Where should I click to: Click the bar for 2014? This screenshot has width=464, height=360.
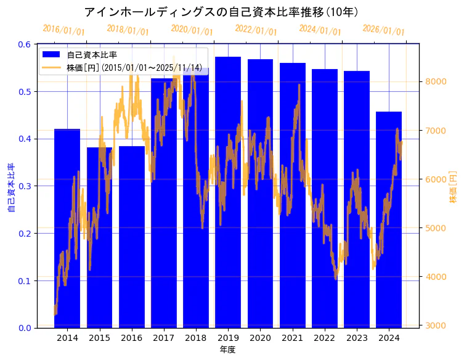(67, 228)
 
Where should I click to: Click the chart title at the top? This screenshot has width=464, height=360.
(221, 12)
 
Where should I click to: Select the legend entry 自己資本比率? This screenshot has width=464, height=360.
(92, 55)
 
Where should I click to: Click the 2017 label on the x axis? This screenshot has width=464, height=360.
(163, 338)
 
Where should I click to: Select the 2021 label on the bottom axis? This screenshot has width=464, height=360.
(292, 338)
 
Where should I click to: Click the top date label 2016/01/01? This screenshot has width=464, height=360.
(64, 30)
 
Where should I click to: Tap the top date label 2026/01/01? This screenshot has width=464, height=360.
(383, 30)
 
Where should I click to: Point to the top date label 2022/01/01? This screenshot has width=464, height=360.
(256, 30)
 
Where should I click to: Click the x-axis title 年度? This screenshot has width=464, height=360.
(227, 350)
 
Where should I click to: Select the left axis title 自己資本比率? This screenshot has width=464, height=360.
(10, 188)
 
